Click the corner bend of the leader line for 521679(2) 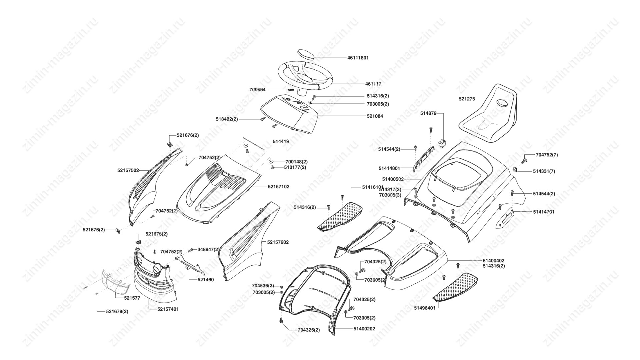click(x=97, y=312)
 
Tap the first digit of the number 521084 click(x=368, y=116)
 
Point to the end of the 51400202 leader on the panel click(x=333, y=329)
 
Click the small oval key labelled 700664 click(x=291, y=90)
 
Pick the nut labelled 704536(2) click(x=281, y=286)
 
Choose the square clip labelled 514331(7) click(x=515, y=169)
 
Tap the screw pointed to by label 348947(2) click(x=191, y=250)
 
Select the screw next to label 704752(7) click(x=524, y=160)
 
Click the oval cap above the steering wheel click(x=305, y=54)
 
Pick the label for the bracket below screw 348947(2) click(x=206, y=280)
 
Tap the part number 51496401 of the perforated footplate click(x=425, y=308)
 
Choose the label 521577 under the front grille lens click(x=132, y=298)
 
